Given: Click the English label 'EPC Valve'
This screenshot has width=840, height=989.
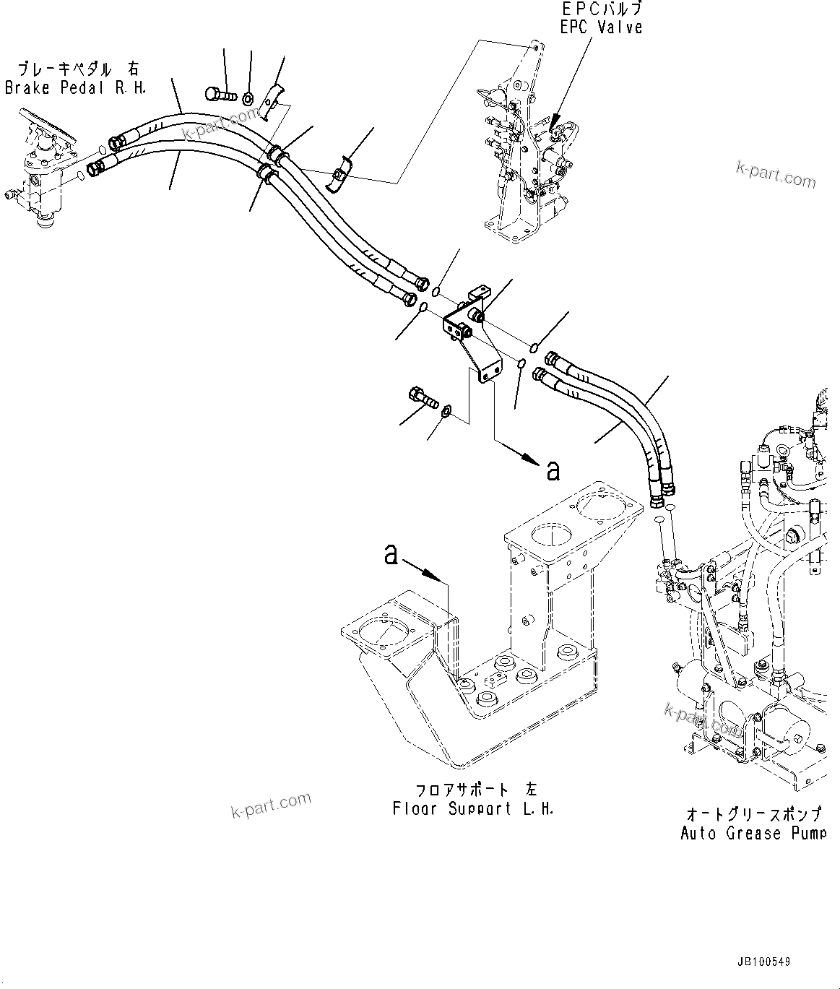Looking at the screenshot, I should click(x=601, y=27).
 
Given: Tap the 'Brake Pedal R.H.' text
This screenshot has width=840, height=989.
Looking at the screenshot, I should click(x=75, y=87).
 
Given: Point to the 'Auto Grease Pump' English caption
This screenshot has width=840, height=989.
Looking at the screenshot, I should click(x=752, y=833).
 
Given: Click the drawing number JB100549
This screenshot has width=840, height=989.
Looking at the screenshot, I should click(x=764, y=962).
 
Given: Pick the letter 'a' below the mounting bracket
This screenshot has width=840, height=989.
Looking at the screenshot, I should click(x=553, y=470).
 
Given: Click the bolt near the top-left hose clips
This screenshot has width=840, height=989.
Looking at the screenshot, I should click(x=221, y=94).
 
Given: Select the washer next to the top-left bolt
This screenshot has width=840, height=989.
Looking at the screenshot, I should click(x=248, y=98).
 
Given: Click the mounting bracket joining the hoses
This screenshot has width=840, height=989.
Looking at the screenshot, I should click(x=472, y=332).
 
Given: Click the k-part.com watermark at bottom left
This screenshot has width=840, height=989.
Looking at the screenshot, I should click(x=271, y=805).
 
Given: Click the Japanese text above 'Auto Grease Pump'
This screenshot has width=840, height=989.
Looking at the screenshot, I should click(x=753, y=814).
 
